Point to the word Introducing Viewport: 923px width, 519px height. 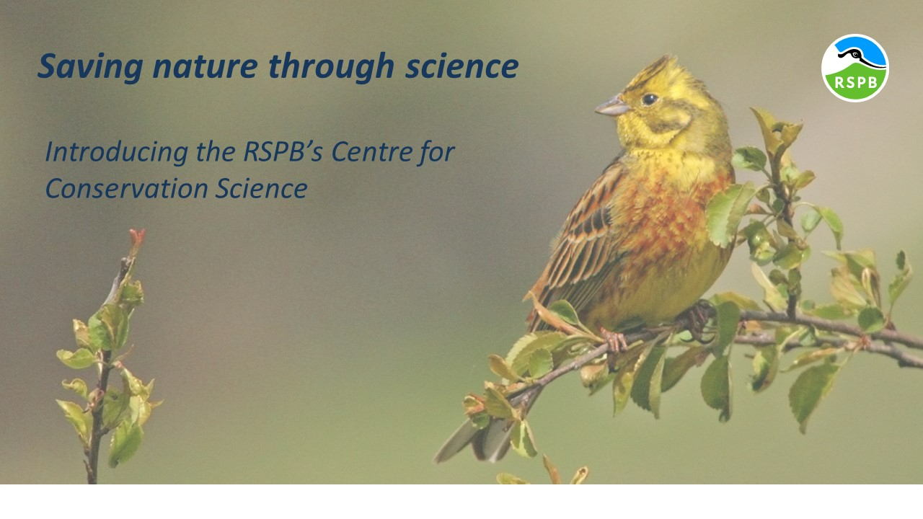coord(117,152)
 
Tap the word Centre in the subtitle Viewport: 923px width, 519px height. coord(371,151)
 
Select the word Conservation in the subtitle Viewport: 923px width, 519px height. coord(126,189)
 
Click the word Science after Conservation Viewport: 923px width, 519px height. coord(262,189)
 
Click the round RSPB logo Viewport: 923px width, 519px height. coord(855,68)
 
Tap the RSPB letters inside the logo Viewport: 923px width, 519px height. coord(856,82)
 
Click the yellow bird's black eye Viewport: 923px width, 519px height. coord(650,99)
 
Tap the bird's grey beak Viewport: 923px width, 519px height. coord(613,107)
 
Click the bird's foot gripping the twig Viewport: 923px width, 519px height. coord(614,340)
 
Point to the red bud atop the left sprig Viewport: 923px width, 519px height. coord(137,239)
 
